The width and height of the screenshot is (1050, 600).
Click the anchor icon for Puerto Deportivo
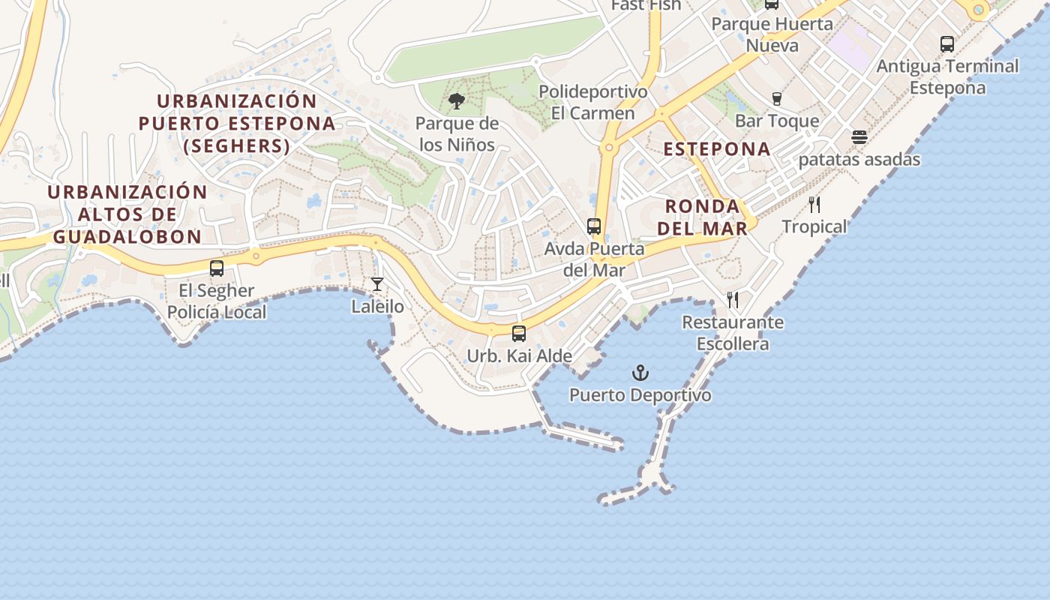point(640,373)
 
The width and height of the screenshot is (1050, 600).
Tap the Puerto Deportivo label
point(640,394)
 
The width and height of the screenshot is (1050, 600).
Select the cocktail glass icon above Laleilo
point(377,284)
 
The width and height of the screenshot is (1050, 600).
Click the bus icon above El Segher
point(217,268)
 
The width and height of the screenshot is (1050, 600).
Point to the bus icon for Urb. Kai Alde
point(518,334)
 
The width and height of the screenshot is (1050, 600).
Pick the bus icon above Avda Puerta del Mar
point(594,226)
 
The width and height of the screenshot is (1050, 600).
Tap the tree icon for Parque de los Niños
point(456,101)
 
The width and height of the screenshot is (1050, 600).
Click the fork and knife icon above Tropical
point(814,205)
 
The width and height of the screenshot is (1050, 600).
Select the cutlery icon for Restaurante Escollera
point(733,300)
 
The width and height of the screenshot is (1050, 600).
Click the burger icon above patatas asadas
point(859,137)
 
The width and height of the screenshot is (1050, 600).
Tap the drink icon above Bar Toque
point(777,98)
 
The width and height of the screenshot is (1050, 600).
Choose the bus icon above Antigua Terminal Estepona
point(947,44)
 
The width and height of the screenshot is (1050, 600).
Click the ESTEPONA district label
point(717,148)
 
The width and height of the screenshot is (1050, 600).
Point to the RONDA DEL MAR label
point(706,217)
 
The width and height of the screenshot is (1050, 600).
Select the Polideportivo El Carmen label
point(592,102)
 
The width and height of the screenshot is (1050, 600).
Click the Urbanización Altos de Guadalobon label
point(127,214)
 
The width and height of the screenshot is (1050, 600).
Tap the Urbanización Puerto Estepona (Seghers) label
point(237,123)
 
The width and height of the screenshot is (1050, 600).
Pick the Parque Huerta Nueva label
point(772,34)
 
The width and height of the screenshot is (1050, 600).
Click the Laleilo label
point(377,307)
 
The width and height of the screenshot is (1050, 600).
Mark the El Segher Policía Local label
point(217,301)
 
